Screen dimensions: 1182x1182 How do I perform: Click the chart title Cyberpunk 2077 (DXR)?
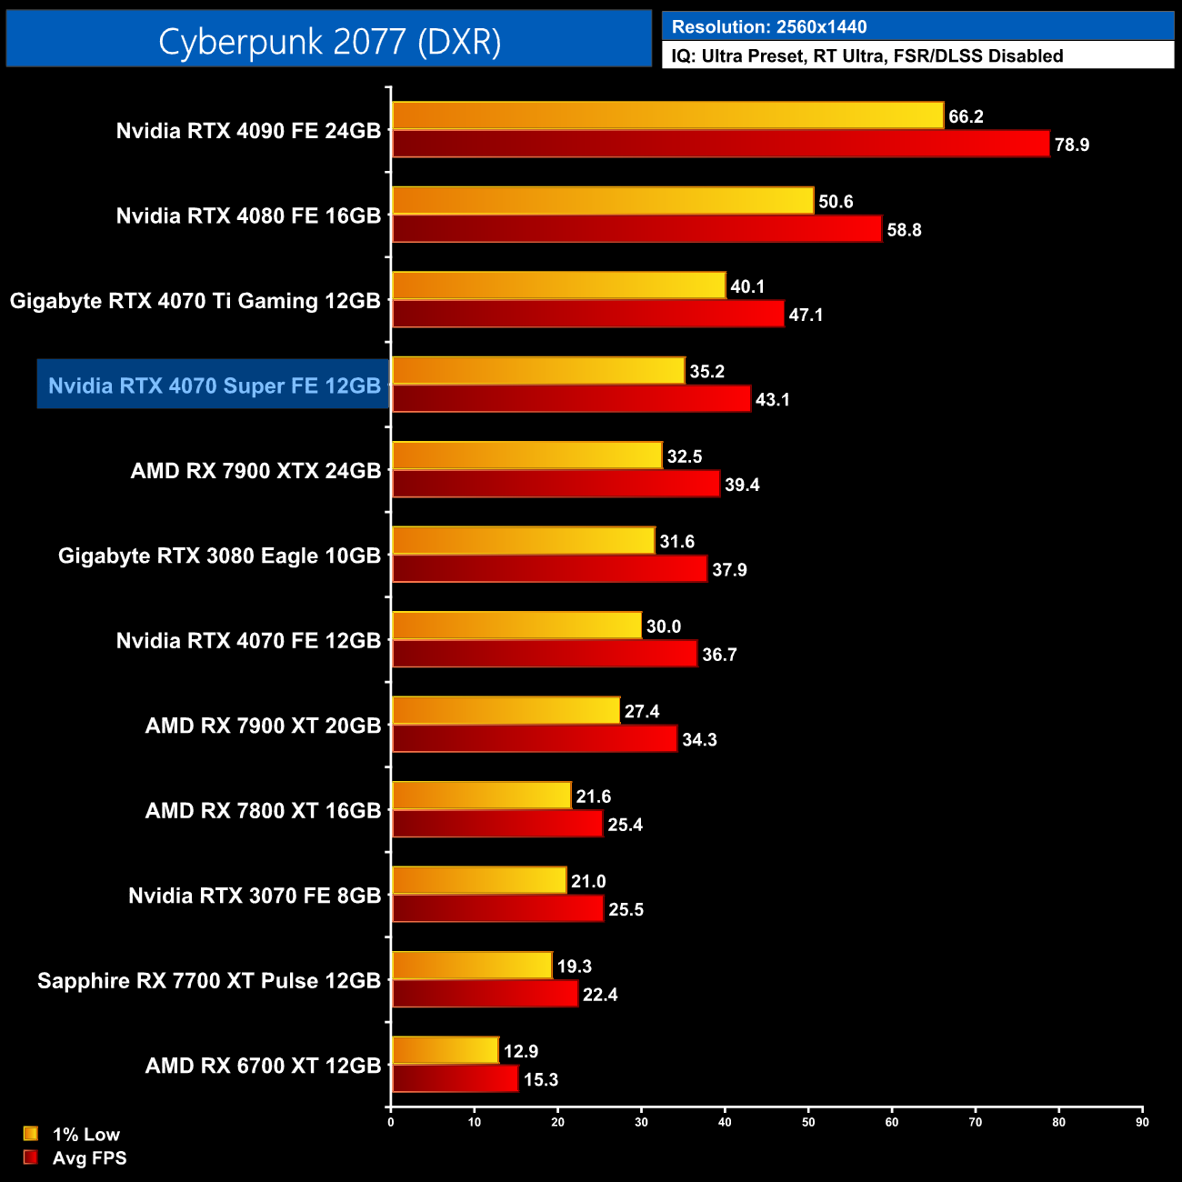point(329,42)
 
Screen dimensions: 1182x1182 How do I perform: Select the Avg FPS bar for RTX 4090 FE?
point(720,145)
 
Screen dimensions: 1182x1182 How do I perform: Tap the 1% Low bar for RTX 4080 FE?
point(602,201)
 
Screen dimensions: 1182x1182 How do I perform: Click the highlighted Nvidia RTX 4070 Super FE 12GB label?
point(214,386)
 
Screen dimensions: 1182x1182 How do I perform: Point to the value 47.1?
point(806,315)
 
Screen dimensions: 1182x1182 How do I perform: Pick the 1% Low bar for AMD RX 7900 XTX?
point(526,456)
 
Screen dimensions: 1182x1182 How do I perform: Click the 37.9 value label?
point(729,570)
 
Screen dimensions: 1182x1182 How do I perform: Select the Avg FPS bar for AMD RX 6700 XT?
point(455,1079)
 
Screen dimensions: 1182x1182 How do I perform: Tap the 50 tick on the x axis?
point(808,1122)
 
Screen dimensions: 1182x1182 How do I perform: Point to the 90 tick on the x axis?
point(1142,1122)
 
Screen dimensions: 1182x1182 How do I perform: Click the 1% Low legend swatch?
point(31,1134)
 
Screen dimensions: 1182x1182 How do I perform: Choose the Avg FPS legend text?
point(89,1158)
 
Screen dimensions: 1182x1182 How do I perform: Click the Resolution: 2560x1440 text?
point(769,27)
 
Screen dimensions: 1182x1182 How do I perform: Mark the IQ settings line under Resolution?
point(867,56)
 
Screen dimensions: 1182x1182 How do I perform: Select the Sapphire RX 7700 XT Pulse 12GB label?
point(209,981)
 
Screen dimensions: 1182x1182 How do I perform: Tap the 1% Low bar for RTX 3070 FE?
point(479,880)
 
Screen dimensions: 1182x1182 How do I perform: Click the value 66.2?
point(966,116)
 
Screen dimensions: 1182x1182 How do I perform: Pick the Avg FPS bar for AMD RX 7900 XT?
point(535,739)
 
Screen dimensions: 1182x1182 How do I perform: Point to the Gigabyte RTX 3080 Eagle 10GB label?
point(219,556)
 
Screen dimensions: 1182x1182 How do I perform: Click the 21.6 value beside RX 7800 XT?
point(593,796)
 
